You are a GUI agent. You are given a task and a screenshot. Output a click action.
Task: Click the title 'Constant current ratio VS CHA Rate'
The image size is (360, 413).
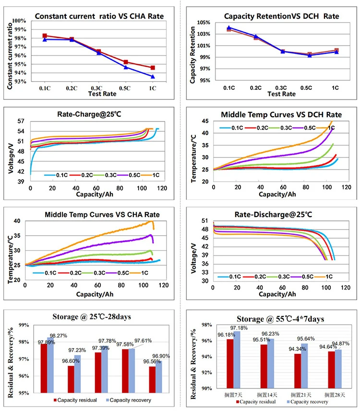pyautogui.click(x=99, y=16)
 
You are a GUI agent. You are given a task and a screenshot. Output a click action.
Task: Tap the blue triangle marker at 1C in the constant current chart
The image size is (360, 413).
pyautogui.click(x=153, y=76)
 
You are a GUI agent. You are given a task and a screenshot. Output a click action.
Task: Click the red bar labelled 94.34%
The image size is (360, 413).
pyautogui.click(x=298, y=371)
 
